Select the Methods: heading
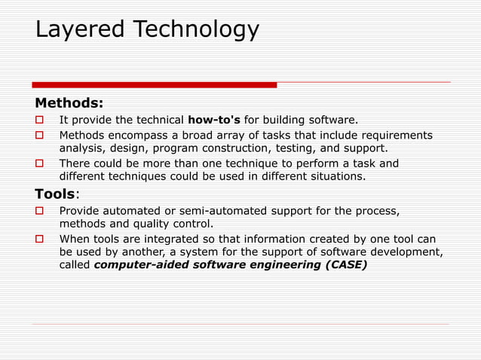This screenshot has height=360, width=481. pos(69,102)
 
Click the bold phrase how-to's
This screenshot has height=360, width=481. pos(214,120)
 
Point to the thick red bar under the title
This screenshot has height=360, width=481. pos(155,85)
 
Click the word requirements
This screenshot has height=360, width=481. pos(398,135)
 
